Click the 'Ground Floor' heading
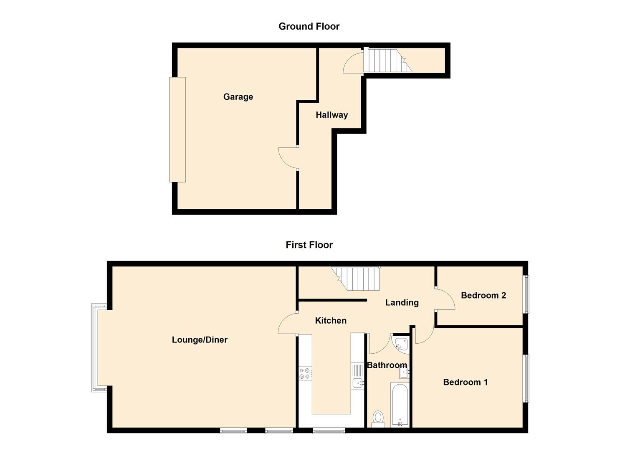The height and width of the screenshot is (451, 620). pos(309,26)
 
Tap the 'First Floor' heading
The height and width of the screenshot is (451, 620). pos(309,245)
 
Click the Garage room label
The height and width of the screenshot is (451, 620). pos(238,97)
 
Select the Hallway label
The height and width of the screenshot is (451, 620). pos(332,115)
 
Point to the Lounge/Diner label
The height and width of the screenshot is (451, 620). pos(200,340)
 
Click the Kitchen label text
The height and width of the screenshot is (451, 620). pos(331,321)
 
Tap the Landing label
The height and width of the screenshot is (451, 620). pos(402,303)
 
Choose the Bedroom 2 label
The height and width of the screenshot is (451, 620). pos(483,296)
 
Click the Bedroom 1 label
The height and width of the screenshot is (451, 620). pos(465,382)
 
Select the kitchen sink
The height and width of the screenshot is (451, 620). pos(358,382)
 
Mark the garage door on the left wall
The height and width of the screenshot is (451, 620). pos(177,129)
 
